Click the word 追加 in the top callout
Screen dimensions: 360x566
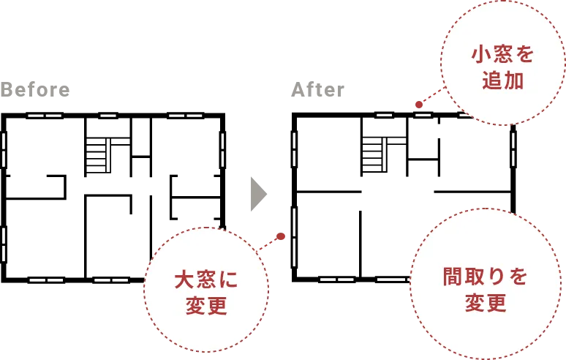pyautogui.click(x=502, y=80)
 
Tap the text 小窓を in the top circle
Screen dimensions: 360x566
pyautogui.click(x=502, y=54)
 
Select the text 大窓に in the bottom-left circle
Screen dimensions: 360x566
pyautogui.click(x=206, y=279)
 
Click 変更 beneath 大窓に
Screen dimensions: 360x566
pyautogui.click(x=206, y=305)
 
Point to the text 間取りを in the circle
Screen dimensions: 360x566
pyautogui.click(x=486, y=277)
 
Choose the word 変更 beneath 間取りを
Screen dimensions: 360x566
pyautogui.click(x=486, y=303)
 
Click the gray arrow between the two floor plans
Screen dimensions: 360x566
pyautogui.click(x=257, y=195)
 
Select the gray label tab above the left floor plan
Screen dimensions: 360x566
pyautogui.click(x=35, y=90)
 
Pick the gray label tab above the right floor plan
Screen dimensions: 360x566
pyautogui.click(x=316, y=90)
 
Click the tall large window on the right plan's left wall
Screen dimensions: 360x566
pyautogui.click(x=295, y=236)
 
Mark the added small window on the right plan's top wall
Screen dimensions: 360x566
pyautogui.click(x=423, y=115)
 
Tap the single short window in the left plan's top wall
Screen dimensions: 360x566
pyautogui.click(x=108, y=115)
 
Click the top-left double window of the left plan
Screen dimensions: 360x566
pyautogui.click(x=45, y=115)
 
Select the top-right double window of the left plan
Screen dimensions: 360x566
pyautogui.click(x=186, y=115)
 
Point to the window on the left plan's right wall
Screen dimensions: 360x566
pyautogui.click(x=222, y=149)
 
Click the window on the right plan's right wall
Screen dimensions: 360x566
pyautogui.click(x=513, y=149)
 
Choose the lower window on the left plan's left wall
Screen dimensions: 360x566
pyautogui.click(x=4, y=244)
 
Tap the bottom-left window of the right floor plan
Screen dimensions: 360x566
pyautogui.click(x=337, y=279)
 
